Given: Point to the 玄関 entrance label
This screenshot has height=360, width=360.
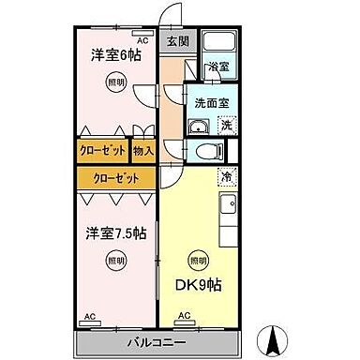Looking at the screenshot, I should pyautogui.click(x=178, y=40).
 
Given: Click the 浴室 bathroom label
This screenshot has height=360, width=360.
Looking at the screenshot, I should pyautogui.click(x=217, y=68).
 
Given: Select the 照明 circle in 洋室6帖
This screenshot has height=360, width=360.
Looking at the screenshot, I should pyautogui.click(x=113, y=83).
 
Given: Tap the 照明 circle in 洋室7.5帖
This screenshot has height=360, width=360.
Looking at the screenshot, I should pyautogui.click(x=113, y=260).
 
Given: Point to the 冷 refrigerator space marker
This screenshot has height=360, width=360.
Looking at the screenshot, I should pyautogui.click(x=228, y=174).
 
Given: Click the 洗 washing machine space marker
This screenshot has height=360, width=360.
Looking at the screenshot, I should pyautogui.click(x=227, y=126).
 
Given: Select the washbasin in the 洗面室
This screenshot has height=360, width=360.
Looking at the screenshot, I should pyautogui.click(x=199, y=126).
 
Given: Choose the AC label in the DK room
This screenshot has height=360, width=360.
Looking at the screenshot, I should pyautogui.click(x=184, y=316).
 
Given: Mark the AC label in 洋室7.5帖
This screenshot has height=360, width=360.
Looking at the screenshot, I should pyautogui.click(x=90, y=316).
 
